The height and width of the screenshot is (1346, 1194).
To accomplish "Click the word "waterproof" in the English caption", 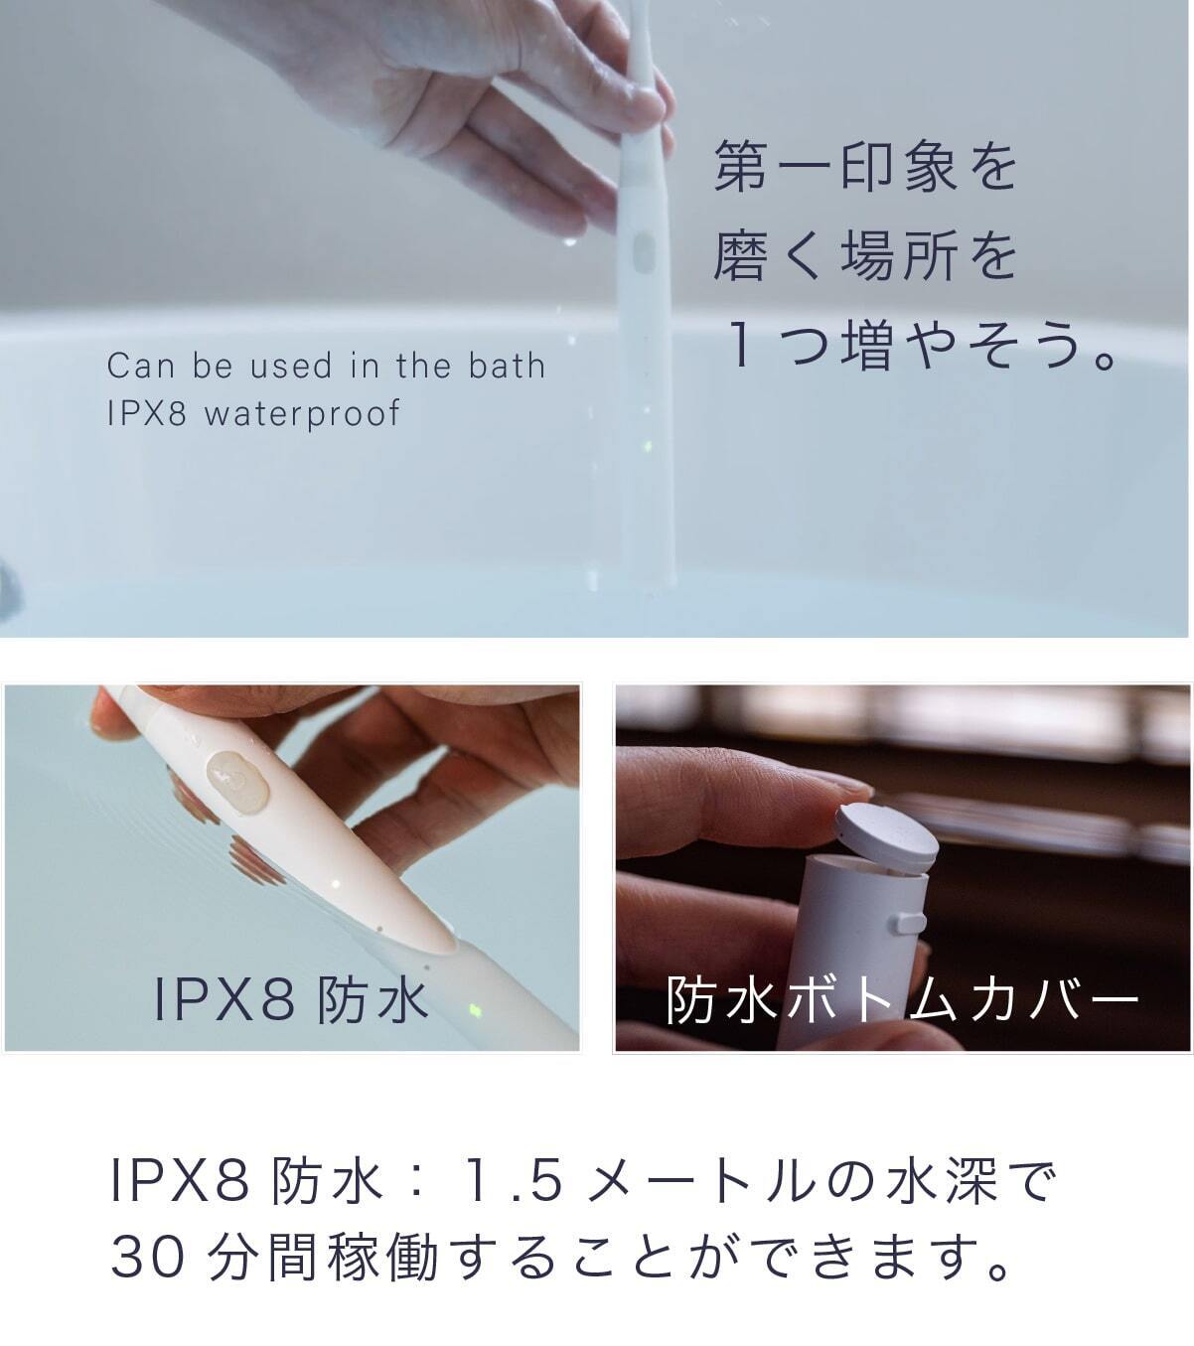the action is (302, 414).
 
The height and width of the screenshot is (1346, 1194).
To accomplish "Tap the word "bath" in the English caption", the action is (507, 366).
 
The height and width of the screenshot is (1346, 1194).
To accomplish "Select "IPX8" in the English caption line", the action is (146, 413).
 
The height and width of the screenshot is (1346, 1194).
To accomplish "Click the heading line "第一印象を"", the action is (865, 166).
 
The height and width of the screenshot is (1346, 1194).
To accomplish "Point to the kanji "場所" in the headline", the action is (900, 255).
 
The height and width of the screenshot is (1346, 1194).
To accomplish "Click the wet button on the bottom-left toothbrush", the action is (237, 782).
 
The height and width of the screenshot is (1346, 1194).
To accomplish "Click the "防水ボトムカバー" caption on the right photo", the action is (902, 1000).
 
